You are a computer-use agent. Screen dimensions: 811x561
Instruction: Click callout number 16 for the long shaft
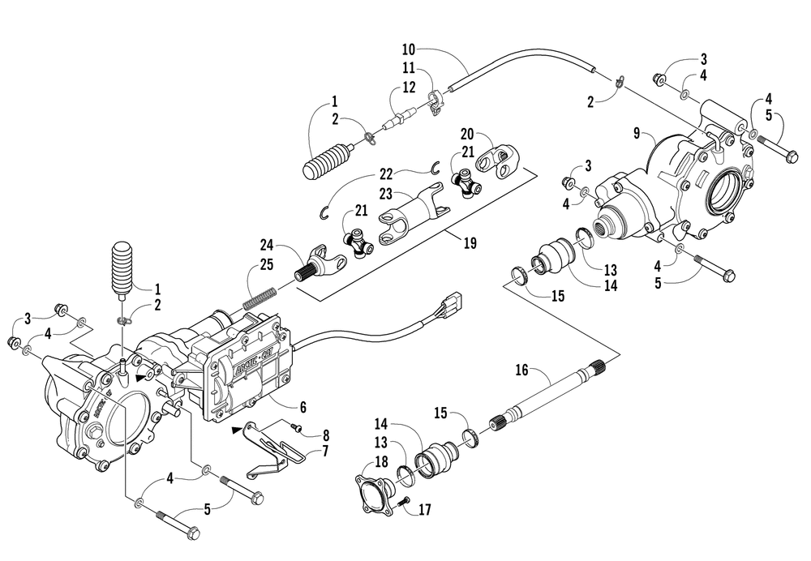[x=521, y=370]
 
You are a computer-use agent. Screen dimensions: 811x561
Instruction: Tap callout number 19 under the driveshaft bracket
[x=470, y=242]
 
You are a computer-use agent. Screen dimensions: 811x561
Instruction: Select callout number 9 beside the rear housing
[x=637, y=134]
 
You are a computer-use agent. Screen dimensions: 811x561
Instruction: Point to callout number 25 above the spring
[x=267, y=265]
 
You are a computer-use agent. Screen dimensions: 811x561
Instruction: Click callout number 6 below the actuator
[x=303, y=407]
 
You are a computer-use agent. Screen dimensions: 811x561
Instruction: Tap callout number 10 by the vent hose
[x=409, y=49]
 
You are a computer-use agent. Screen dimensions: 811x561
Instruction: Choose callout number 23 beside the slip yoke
[x=386, y=194]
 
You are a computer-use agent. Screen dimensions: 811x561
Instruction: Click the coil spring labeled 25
[x=260, y=298]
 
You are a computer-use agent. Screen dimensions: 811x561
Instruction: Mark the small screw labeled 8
[x=296, y=427]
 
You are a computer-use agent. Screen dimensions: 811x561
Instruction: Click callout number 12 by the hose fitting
[x=409, y=88]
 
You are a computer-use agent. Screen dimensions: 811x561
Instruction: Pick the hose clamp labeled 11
[x=435, y=99]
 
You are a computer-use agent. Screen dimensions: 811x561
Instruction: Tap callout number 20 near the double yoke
[x=467, y=134]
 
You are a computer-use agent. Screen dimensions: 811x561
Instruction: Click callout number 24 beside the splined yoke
[x=267, y=244]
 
